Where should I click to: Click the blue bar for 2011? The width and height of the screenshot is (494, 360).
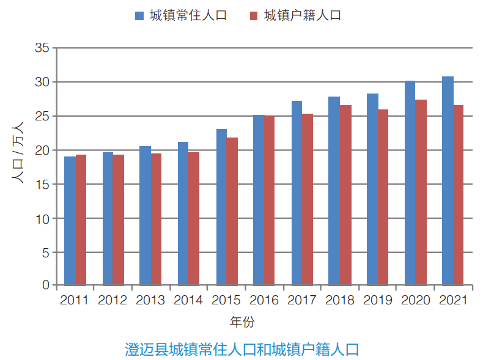[70, 221]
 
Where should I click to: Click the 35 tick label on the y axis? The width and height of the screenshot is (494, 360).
[42, 48]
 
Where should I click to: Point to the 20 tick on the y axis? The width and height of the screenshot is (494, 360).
[42, 150]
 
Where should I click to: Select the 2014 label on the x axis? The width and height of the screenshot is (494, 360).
[188, 300]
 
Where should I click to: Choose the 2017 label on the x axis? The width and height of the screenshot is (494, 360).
[301, 300]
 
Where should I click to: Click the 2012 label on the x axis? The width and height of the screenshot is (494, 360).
[112, 300]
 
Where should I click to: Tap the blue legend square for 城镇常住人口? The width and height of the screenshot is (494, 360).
[139, 16]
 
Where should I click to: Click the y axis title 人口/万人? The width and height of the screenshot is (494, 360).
[18, 153]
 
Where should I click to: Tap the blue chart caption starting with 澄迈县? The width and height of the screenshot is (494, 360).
[241, 350]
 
